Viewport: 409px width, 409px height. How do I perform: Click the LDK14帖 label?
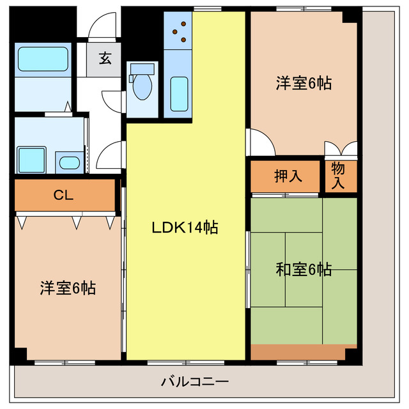pos(185,227)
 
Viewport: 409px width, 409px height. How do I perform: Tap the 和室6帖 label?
pos(304,270)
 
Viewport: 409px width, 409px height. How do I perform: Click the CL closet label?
pos(63,196)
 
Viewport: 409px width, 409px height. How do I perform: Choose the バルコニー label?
pos(195,382)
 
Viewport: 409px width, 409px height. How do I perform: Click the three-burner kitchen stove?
pos(178,31)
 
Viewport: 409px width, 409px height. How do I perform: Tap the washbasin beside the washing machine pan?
pos(68,161)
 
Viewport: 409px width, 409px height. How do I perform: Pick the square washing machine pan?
pos(30,159)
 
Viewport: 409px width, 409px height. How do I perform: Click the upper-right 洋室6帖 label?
pos(304,83)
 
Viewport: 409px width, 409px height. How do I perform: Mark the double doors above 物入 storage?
pos(341,150)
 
